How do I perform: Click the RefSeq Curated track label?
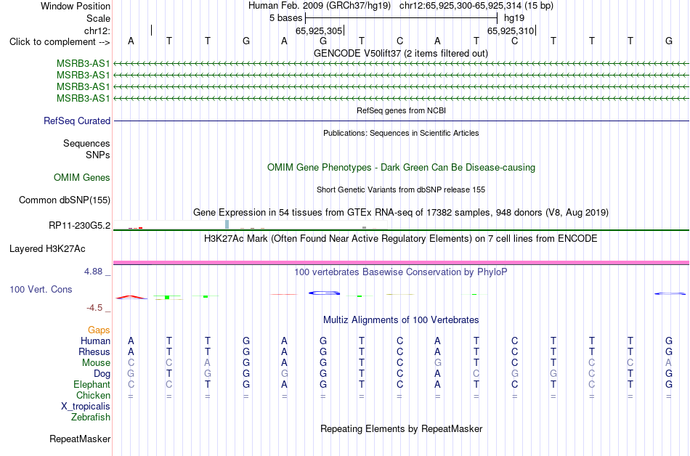77,121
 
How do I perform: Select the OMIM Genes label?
82,178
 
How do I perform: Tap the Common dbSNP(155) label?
65,200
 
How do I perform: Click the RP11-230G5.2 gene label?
80,226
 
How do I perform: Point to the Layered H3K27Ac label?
47,249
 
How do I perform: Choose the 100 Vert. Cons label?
41,289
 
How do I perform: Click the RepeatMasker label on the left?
80,439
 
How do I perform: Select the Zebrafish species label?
91,417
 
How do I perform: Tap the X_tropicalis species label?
86,407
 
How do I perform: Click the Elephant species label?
92,384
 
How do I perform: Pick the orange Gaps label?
99,330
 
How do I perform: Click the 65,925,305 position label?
319,30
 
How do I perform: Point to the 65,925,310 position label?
511,30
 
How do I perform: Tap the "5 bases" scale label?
286,18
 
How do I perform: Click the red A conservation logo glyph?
131,297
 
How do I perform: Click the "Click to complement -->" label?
60,42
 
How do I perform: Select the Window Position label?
76,6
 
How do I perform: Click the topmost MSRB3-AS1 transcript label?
84,64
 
